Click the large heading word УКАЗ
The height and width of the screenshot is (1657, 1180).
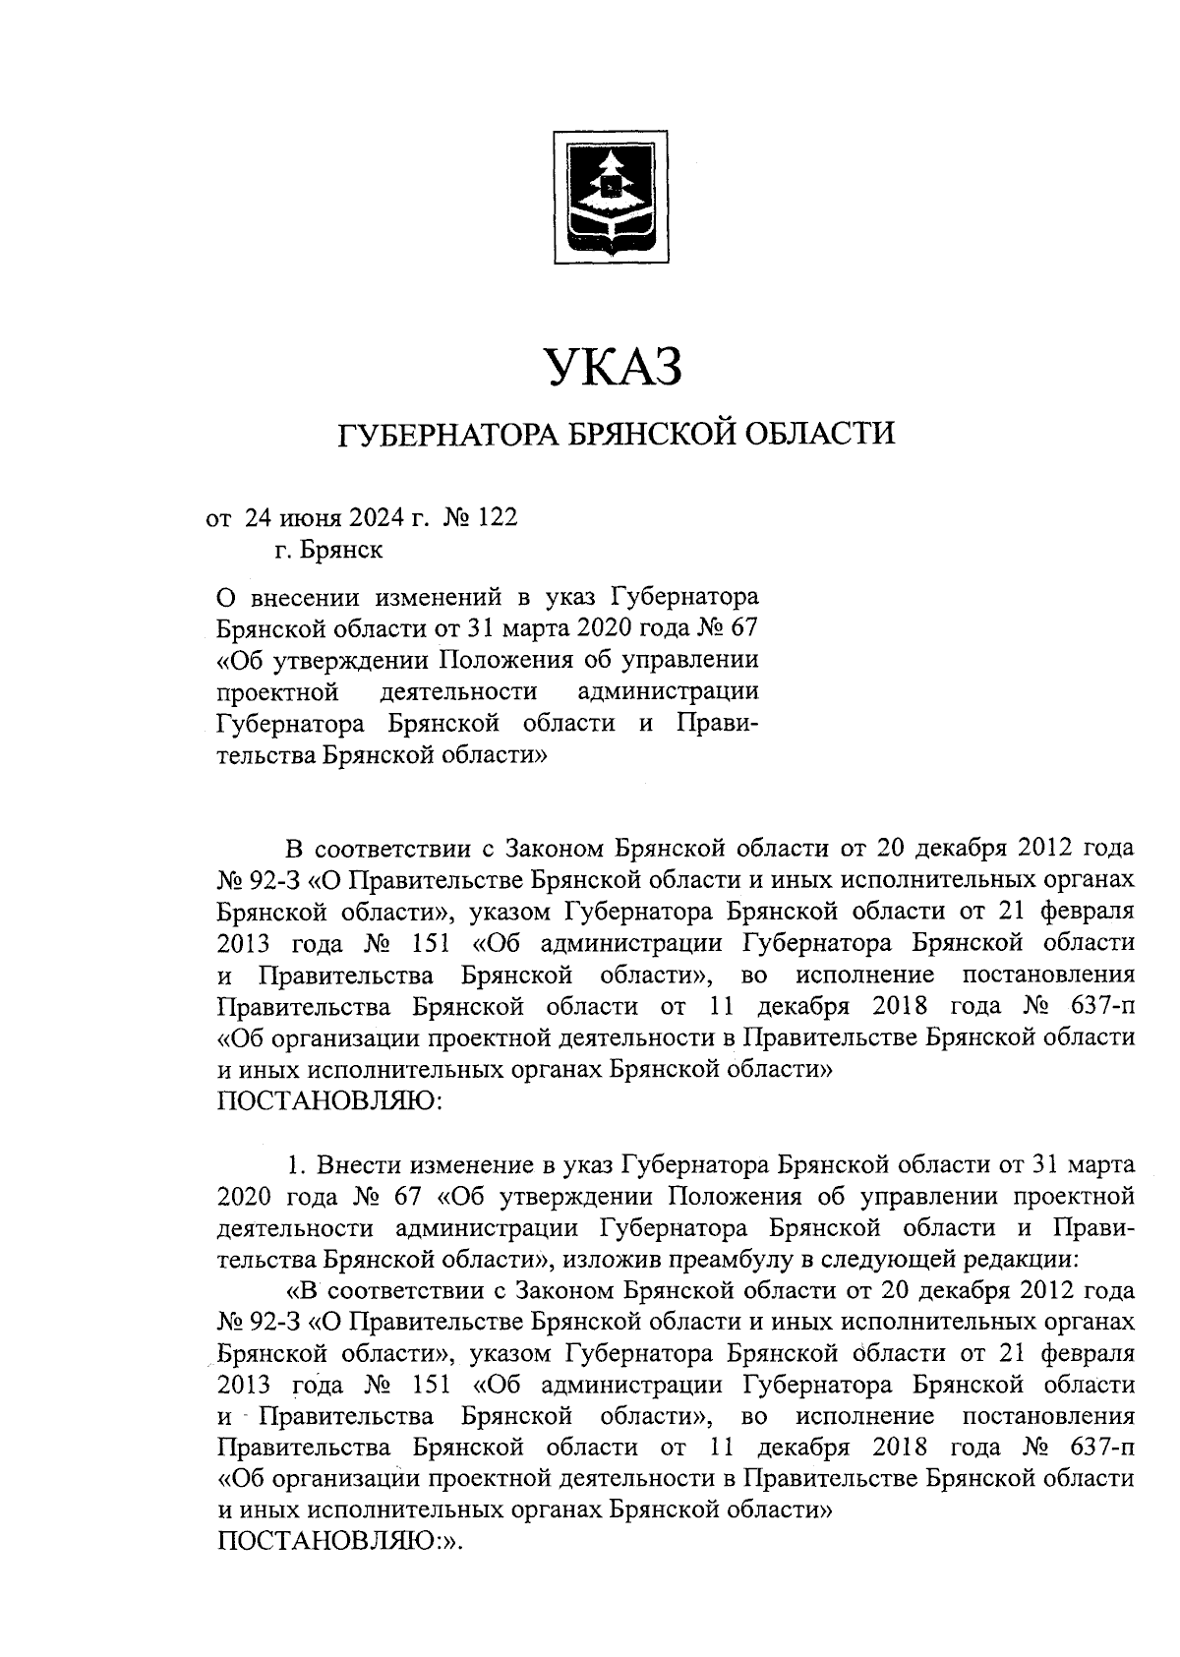[x=614, y=370]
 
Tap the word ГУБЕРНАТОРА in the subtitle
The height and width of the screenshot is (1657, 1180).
[x=451, y=434]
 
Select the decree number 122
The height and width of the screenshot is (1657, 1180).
[x=496, y=517]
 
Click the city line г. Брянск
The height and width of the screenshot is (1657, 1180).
[x=328, y=550]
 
